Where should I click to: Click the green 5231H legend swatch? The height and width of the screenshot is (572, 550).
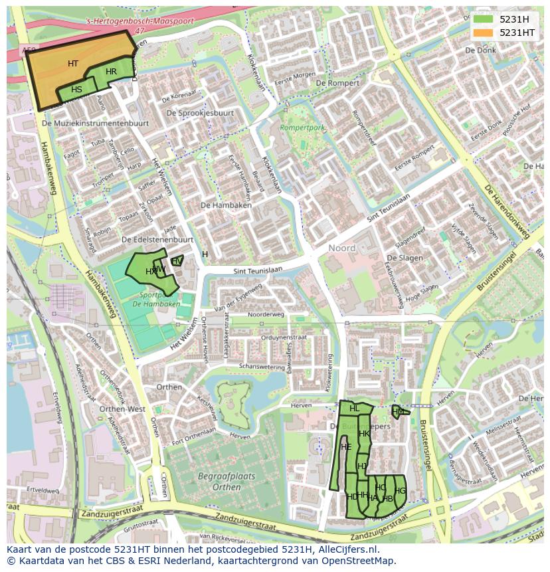pos(483,19)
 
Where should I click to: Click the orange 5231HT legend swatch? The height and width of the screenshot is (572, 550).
pos(483,32)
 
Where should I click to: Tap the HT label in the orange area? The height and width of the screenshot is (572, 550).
pos(73,64)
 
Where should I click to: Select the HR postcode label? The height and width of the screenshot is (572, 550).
pos(111,72)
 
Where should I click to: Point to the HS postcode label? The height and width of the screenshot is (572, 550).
pos(76,90)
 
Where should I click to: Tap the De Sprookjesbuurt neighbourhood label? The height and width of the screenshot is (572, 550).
pos(200,113)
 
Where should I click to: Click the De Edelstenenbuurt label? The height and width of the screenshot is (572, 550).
pos(157,239)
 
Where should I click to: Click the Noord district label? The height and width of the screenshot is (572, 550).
pos(342,248)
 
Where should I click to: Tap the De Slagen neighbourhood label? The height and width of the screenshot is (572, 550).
pos(405,258)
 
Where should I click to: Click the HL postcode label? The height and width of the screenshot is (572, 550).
pos(354,409)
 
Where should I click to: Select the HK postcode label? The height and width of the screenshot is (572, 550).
pos(364,434)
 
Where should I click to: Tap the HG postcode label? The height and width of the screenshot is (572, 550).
pos(400,491)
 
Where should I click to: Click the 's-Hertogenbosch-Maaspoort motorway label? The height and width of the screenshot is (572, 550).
pos(140,21)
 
